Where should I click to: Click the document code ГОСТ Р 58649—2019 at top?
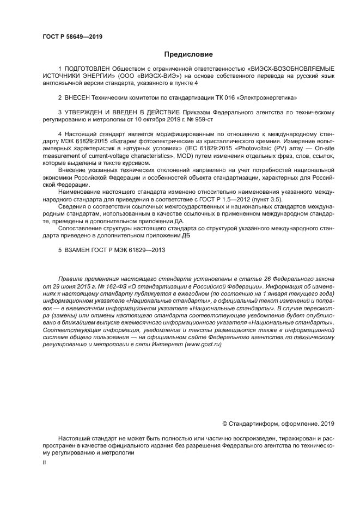tap(72, 37)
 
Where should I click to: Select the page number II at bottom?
tap(44, 462)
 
